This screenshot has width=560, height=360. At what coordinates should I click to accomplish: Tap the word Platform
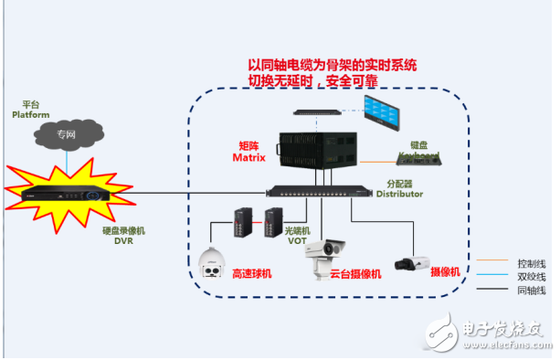[29, 115]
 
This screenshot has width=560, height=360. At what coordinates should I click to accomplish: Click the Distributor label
[399, 194]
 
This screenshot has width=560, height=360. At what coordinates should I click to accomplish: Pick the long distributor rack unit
[320, 191]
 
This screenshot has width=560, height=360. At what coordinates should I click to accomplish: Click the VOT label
[299, 240]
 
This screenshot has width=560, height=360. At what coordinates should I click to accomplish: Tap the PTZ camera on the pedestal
[326, 259]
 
